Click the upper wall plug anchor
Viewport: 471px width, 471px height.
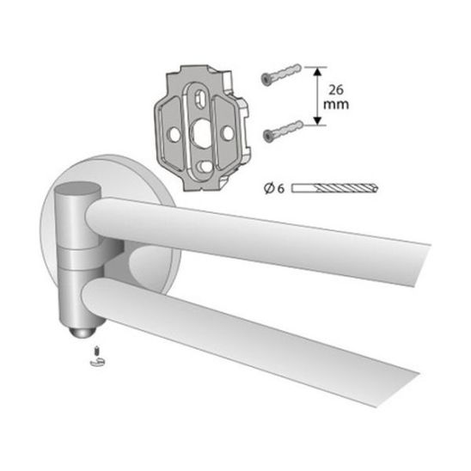(x=281, y=74)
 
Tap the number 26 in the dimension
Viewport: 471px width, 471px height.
(x=336, y=89)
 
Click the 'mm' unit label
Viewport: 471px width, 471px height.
(x=336, y=104)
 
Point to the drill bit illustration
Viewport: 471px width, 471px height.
(x=335, y=188)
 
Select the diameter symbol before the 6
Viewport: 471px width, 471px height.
(x=269, y=188)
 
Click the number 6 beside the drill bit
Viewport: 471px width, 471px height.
(x=280, y=188)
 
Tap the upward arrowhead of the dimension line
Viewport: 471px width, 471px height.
(x=317, y=72)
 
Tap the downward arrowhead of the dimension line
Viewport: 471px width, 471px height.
(x=317, y=119)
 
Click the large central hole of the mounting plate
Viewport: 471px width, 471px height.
(x=200, y=132)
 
